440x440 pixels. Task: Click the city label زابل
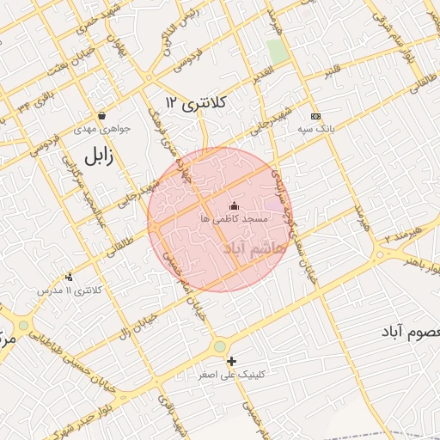[x=99, y=156]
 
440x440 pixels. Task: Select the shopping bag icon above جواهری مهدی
[x=102, y=115]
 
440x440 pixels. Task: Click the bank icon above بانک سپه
[x=315, y=116]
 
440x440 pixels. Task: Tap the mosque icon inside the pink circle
[x=235, y=205]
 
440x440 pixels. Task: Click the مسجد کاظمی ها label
[x=235, y=220]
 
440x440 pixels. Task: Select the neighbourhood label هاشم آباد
[x=252, y=249]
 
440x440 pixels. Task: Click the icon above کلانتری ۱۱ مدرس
[x=69, y=277]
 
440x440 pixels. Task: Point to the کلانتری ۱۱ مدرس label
[x=69, y=290]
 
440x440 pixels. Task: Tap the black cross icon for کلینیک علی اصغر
[x=231, y=361]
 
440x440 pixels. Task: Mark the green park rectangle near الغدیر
[x=277, y=51]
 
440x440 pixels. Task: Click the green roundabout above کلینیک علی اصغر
[x=220, y=346]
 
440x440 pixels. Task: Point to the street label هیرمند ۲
[x=404, y=232]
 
